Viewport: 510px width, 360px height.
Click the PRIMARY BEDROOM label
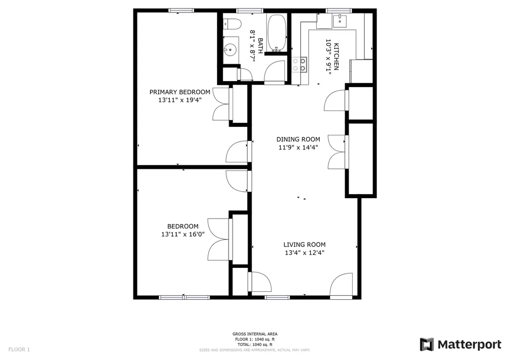coord(180,92)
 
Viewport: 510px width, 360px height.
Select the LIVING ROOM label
coord(304,244)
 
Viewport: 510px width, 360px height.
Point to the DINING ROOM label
coord(298,139)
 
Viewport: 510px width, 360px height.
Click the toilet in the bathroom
coord(232,23)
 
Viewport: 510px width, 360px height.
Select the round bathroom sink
coord(230,49)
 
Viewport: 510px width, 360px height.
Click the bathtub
coord(277,33)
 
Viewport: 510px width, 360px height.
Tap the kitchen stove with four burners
coord(300,64)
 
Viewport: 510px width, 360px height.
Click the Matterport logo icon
coord(427,345)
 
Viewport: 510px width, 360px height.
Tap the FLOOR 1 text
coord(19,350)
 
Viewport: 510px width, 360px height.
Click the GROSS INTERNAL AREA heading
coord(255,334)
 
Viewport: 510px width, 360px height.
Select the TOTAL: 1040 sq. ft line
coord(255,345)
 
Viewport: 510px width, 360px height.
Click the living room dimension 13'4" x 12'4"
coord(304,252)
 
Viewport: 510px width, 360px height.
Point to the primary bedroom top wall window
coord(181,10)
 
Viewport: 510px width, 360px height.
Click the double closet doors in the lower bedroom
coord(219,239)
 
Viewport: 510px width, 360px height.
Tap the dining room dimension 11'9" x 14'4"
coord(298,147)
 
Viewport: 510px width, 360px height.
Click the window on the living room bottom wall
coord(277,297)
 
